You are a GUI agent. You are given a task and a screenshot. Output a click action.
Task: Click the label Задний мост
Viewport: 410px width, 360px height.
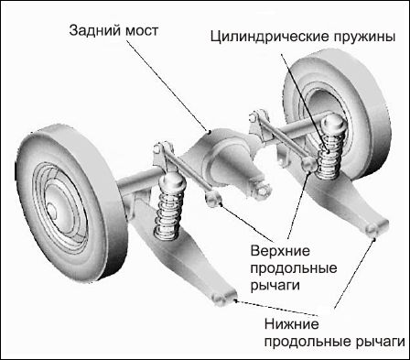click(114, 30)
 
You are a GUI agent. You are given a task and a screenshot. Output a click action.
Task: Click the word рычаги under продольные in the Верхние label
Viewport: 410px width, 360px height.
click(275, 285)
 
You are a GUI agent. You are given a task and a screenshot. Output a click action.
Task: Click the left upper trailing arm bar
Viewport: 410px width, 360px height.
click(183, 165)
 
